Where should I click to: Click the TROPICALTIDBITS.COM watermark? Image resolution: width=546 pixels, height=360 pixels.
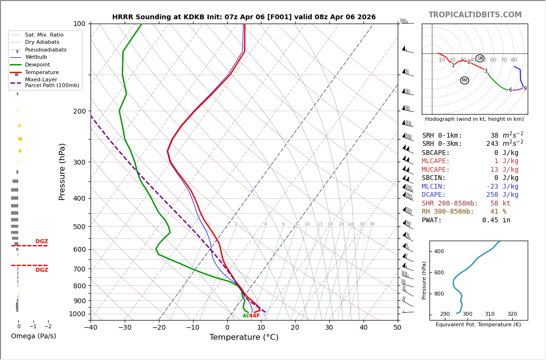pos(475,15)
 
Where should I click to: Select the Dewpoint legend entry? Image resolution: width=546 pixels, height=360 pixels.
pos(37,64)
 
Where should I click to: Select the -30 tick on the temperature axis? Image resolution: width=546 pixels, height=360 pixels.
pos(125,328)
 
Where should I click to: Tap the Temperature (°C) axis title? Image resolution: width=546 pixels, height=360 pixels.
pos(244,337)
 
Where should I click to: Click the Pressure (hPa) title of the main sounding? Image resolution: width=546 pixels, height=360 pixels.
pos(62,171)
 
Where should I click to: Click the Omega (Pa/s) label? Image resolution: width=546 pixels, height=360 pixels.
pos(33,336)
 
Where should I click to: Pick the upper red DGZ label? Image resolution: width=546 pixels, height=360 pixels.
pos(41,242)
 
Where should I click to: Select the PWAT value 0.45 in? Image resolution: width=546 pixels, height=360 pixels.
pos(496,220)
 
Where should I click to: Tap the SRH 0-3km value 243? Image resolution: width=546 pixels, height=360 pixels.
pos(492,144)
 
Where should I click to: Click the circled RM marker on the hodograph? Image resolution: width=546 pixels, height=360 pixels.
pos(464,80)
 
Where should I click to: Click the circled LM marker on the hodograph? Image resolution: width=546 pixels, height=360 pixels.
pos(480,58)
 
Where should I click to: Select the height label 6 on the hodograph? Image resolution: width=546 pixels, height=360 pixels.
pos(510,90)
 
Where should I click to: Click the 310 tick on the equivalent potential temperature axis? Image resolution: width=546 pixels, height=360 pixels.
pos(490,314)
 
